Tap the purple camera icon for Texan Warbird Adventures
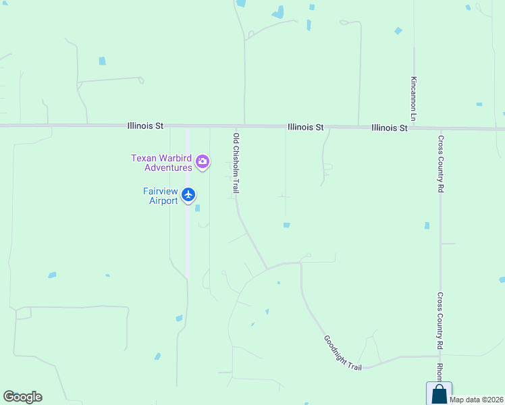pos(202,161)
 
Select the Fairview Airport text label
pos(161,196)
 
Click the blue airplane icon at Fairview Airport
pos(188,195)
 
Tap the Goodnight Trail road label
pos(342,352)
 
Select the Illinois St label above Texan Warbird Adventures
pos(146,126)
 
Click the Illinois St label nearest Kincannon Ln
pos(390,127)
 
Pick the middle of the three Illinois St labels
pos(306,126)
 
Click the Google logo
pos(22,397)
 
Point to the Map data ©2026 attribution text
pos(477,400)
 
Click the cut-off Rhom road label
pos(439,371)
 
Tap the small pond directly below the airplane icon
pos(197,209)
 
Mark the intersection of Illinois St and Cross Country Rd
pos(440,128)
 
